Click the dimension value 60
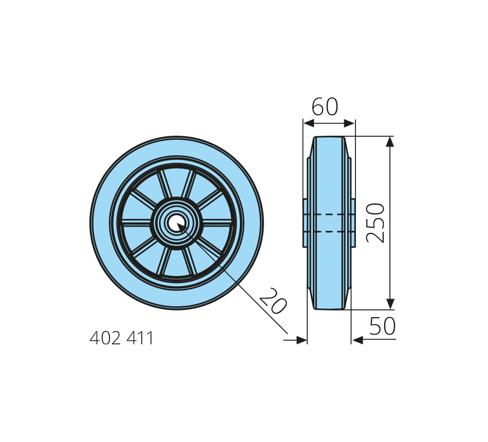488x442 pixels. [325, 106]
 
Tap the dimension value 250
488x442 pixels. [376, 223]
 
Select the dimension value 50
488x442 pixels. [382, 326]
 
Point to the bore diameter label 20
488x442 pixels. [273, 301]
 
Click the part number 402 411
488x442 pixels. [122, 338]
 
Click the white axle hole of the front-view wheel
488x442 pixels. [177, 223]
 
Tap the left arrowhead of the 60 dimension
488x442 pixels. [308, 124]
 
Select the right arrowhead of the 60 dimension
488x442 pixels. [349, 124]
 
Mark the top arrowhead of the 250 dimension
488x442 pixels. [390, 142]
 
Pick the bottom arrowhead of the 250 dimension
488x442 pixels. [390, 304]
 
